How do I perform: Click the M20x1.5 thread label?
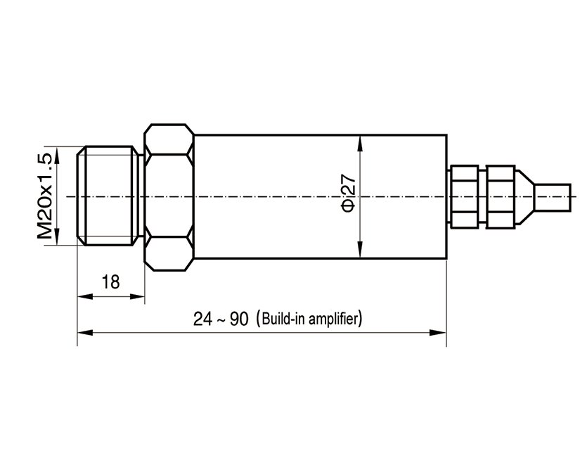point(45,195)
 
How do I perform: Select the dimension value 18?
point(110,282)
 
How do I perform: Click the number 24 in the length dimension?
point(202,319)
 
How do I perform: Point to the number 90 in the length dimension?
point(239,319)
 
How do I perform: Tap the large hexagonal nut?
point(169,196)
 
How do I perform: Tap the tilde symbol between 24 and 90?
point(221,319)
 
